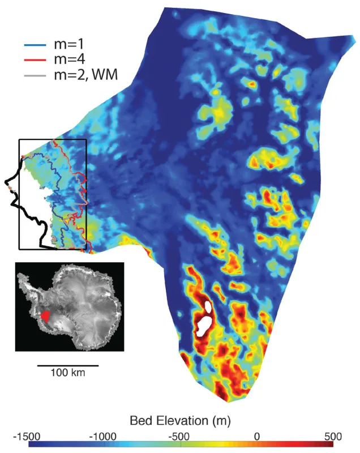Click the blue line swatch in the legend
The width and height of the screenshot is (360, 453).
(x=33, y=42)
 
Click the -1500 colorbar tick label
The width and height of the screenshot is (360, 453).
(x=27, y=437)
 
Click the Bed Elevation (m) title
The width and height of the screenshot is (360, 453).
(x=181, y=421)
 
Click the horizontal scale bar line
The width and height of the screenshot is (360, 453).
(x=68, y=365)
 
